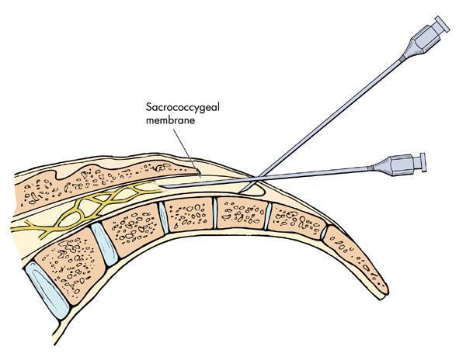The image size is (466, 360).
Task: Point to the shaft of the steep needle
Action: click(x=334, y=109)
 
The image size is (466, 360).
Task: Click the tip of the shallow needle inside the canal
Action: click(x=165, y=187)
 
